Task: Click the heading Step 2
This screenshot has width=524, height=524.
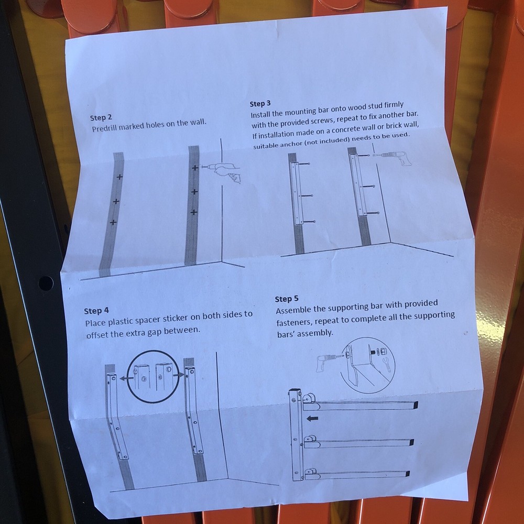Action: coord(101,117)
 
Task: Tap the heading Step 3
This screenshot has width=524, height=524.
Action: coord(260,104)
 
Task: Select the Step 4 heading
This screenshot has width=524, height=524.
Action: coord(96,311)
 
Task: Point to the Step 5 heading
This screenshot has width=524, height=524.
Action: coord(287,299)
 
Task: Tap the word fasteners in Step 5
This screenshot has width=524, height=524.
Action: coord(294,322)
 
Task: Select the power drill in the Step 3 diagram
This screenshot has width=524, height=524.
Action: coord(397,157)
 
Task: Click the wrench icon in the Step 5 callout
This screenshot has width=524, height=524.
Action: coord(387,365)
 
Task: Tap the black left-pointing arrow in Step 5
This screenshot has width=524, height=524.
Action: coord(312,418)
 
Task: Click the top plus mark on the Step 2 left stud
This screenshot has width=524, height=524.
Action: coord(119,177)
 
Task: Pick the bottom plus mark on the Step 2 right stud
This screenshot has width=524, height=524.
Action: coord(193,212)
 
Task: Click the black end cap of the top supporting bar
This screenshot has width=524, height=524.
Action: coord(414,405)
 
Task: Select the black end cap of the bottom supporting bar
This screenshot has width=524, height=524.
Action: coord(407,474)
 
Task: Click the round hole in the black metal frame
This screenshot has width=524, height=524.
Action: coord(46,283)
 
